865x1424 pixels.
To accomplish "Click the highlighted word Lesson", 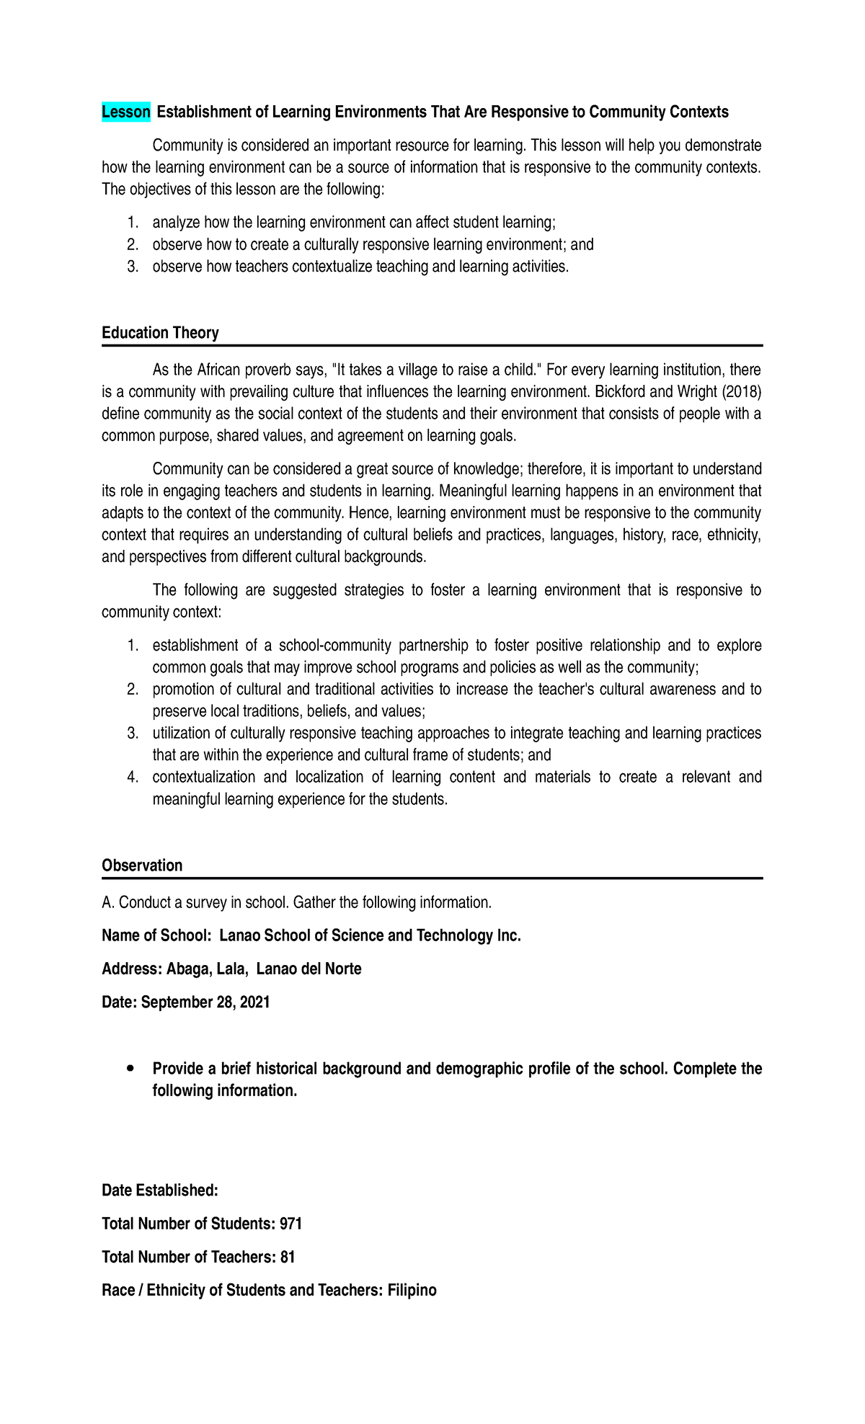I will click(x=126, y=112).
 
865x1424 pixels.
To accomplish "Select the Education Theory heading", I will click(x=160, y=333).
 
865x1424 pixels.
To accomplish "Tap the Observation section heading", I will click(x=142, y=865).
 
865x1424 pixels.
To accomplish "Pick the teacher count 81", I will click(x=288, y=1257).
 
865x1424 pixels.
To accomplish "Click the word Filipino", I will click(x=412, y=1290).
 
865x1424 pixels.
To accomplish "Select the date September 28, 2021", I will click(x=205, y=1002).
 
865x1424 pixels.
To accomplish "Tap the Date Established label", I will click(x=159, y=1191).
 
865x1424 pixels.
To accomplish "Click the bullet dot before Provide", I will click(x=130, y=1068).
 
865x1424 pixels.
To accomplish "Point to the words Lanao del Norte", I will click(x=309, y=969).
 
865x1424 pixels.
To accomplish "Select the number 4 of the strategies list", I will click(x=132, y=777).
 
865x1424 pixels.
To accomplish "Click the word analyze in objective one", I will click(x=176, y=223).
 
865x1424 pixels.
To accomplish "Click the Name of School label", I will click(x=156, y=935).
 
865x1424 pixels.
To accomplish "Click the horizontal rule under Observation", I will click(x=432, y=878).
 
